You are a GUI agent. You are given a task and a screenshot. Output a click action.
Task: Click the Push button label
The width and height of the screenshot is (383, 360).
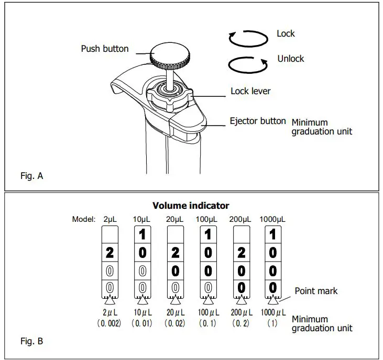tap(104, 49)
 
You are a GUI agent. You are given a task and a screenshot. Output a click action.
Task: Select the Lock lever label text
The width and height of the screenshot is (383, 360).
tap(250, 91)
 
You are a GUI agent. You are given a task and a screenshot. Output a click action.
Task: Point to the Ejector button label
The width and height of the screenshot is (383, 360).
tap(258, 121)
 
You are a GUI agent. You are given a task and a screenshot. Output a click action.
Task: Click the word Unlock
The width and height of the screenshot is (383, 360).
tap(290, 59)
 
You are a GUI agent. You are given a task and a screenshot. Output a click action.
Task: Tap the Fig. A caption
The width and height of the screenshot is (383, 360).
tap(31, 176)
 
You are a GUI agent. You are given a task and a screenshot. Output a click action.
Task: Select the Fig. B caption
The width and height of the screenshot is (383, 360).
tap(31, 342)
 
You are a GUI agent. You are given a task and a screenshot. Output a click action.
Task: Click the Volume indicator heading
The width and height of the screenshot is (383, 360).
tap(191, 206)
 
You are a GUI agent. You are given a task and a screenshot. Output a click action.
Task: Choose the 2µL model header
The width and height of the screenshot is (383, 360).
tap(110, 219)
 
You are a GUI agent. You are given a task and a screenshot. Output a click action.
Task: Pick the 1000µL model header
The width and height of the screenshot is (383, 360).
tap(273, 219)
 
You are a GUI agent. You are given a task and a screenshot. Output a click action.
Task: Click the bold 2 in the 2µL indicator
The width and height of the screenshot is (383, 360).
tap(110, 253)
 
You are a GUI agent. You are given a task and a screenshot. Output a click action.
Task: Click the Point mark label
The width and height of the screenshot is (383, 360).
tap(316, 291)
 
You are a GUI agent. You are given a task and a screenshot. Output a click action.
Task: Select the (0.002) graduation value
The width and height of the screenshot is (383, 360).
tap(110, 323)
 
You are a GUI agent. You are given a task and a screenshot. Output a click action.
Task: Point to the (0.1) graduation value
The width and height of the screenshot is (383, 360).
tap(208, 323)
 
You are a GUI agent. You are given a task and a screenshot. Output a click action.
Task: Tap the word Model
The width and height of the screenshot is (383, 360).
tap(84, 219)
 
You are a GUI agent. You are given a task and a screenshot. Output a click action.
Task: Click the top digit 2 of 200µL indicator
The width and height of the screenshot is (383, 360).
tap(241, 253)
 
